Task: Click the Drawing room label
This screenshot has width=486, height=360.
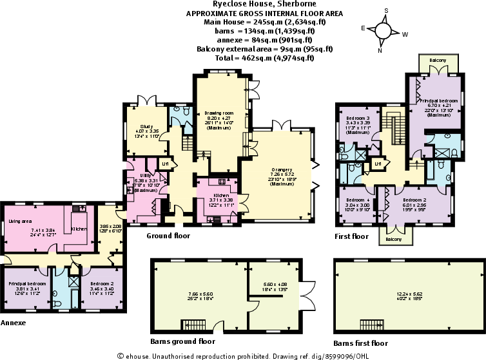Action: click(219, 113)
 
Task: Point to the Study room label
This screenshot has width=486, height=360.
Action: click(146, 126)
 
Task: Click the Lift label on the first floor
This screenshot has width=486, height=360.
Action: click(378, 164)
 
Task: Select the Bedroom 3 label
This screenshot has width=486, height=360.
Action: click(358, 119)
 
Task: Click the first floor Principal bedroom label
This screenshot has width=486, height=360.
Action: click(440, 101)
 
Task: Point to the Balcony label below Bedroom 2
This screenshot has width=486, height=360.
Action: click(394, 239)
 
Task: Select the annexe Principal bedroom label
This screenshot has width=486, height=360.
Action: click(26, 283)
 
